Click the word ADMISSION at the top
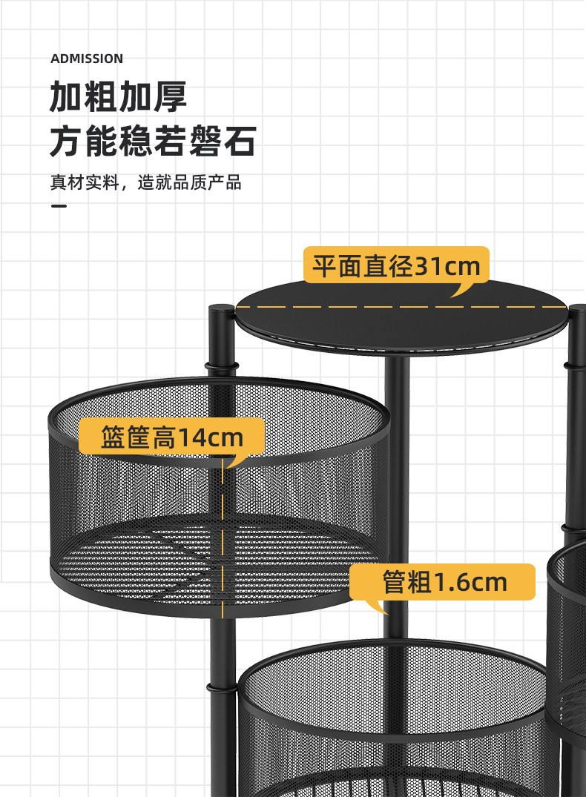tap(87, 59)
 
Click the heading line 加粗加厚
tap(118, 97)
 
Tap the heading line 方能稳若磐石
tap(153, 142)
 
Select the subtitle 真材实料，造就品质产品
tap(145, 182)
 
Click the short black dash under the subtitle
tap(59, 205)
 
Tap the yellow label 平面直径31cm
tap(396, 266)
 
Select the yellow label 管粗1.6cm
tap(444, 582)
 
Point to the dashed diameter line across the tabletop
tap(401, 305)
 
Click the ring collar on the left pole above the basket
tap(222, 366)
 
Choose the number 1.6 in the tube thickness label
tap(454, 582)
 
